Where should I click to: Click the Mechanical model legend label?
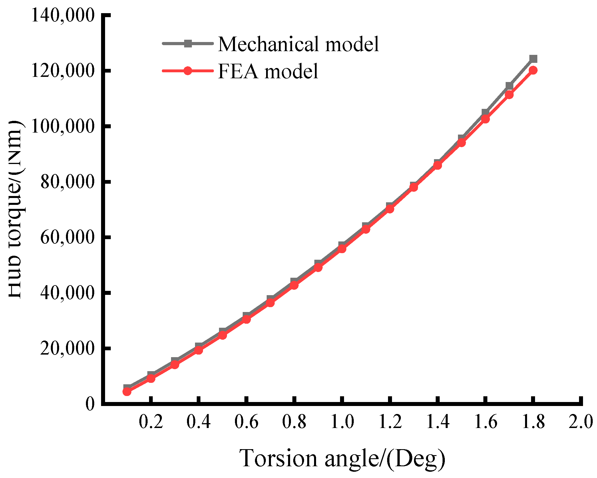pyautogui.click(x=298, y=44)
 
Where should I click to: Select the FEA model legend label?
pyautogui.click(x=268, y=71)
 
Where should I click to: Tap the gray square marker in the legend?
pyautogui.click(x=188, y=44)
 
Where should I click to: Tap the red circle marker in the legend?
pyautogui.click(x=188, y=71)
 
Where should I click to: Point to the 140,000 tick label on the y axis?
pyautogui.click(x=63, y=15)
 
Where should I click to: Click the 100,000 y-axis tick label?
pyautogui.click(x=63, y=126)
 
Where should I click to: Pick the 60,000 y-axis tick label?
pyautogui.click(x=67, y=237)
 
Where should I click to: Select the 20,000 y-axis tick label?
pyautogui.click(x=67, y=348)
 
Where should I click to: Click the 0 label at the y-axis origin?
pyautogui.click(x=90, y=404)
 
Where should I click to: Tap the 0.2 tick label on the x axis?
pyautogui.click(x=151, y=422)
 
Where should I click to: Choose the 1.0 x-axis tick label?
pyautogui.click(x=342, y=422)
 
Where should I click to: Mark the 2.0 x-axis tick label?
pyautogui.click(x=581, y=422)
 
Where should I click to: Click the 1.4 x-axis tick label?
pyautogui.click(x=438, y=422)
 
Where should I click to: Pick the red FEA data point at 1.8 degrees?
pyautogui.click(x=533, y=70)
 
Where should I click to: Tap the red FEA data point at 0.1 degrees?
pyautogui.click(x=127, y=391)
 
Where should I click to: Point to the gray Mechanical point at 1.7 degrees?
pyautogui.click(x=509, y=86)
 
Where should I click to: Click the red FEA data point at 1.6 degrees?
pyautogui.click(x=485, y=119)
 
